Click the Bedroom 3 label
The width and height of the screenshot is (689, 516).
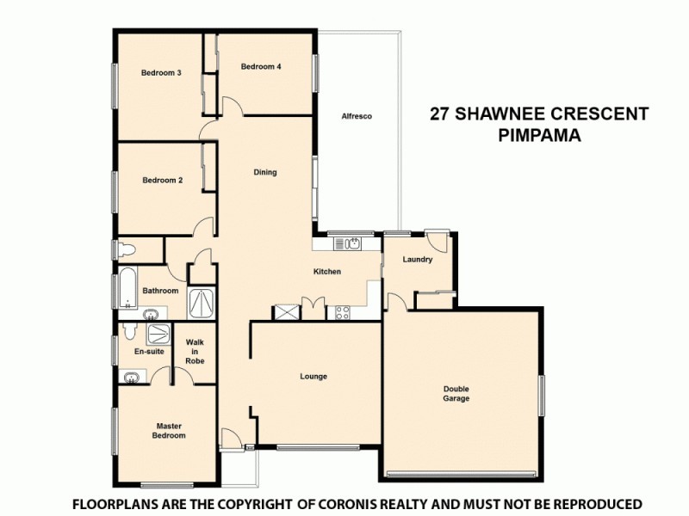click(x=161, y=73)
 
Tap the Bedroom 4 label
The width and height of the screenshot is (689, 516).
click(x=261, y=67)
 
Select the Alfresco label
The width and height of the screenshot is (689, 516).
click(x=356, y=116)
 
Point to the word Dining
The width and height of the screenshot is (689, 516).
click(x=265, y=172)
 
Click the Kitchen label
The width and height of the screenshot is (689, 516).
click(x=327, y=272)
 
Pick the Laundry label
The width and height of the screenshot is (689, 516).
click(x=417, y=260)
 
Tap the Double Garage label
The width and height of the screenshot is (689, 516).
click(x=456, y=394)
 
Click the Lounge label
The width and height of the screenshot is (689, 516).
click(x=313, y=377)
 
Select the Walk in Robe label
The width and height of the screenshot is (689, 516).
click(x=195, y=351)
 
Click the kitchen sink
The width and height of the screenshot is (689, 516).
click(x=356, y=243)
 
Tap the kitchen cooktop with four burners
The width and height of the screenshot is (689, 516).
click(x=342, y=312)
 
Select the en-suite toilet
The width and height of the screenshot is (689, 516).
click(x=127, y=330)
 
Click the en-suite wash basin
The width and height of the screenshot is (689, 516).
click(x=130, y=377)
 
